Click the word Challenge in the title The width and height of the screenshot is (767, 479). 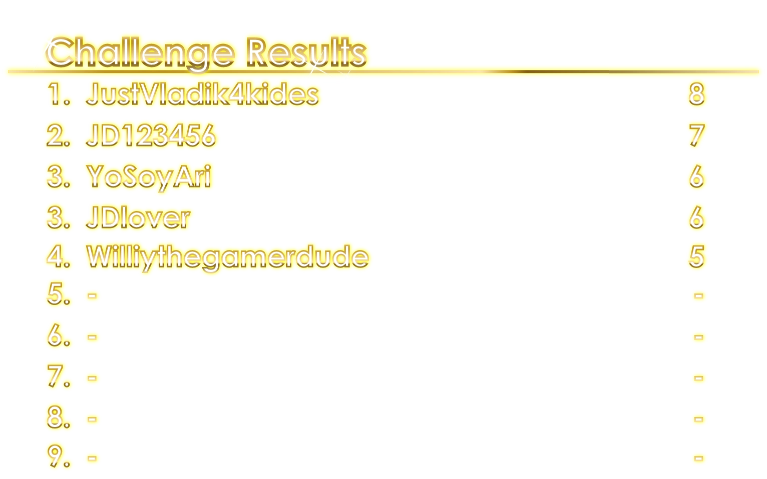(x=140, y=52)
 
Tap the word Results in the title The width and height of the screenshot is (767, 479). (x=306, y=51)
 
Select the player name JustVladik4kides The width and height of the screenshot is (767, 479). (x=202, y=94)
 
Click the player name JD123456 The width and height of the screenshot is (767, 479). (x=151, y=135)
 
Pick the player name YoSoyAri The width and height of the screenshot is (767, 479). (x=149, y=176)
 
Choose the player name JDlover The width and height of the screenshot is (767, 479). (x=138, y=217)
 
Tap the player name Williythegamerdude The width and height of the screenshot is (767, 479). (x=228, y=256)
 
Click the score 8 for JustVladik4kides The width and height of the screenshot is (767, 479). (x=696, y=94)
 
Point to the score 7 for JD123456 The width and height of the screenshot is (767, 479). (x=696, y=135)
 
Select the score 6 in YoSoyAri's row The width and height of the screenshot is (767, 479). (x=696, y=176)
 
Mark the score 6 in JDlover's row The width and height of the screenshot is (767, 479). (x=696, y=217)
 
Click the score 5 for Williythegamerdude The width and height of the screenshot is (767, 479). (x=696, y=256)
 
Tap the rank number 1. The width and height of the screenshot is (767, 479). (x=59, y=94)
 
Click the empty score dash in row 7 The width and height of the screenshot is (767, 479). (x=698, y=378)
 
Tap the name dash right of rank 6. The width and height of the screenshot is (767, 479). (x=92, y=337)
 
